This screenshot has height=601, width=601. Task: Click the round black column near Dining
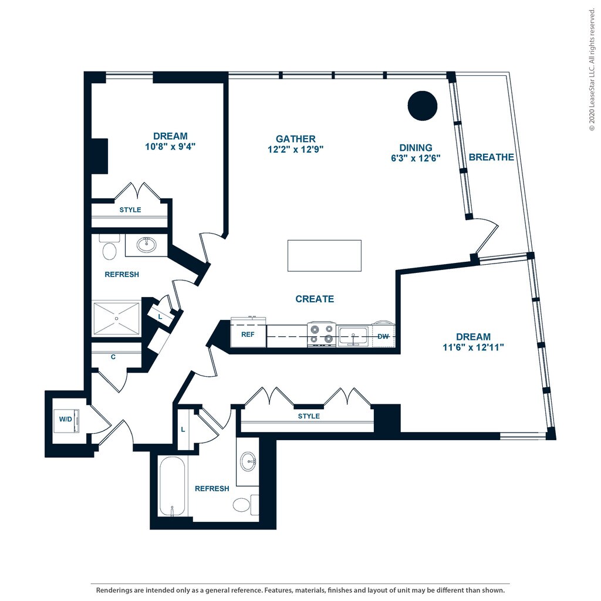pos(423,106)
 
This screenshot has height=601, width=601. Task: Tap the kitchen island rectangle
pos(324,256)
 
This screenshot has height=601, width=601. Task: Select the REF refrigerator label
pos(248,335)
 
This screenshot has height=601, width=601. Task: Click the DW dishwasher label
pos(383,336)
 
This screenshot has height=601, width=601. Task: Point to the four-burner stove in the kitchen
pos(322,334)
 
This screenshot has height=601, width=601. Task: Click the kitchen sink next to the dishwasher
pos(353,336)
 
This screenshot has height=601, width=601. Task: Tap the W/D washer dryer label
pos(66,419)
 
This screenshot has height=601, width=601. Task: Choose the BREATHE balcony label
pos(491,157)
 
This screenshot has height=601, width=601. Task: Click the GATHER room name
pos(296,139)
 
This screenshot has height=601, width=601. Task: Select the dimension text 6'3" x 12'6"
pos(416,158)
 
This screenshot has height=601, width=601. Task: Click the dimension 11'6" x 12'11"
pos(474,347)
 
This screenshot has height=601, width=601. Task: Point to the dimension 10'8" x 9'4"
pos(170,146)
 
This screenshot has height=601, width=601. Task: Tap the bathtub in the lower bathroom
pos(172,487)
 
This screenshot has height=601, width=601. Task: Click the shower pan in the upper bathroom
pos(117,318)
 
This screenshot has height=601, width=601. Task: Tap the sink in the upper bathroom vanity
pos(146,245)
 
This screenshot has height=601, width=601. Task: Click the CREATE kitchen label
pos(315,299)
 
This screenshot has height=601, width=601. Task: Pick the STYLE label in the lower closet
pos(309,416)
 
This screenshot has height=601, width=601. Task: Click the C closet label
pos(113,357)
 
